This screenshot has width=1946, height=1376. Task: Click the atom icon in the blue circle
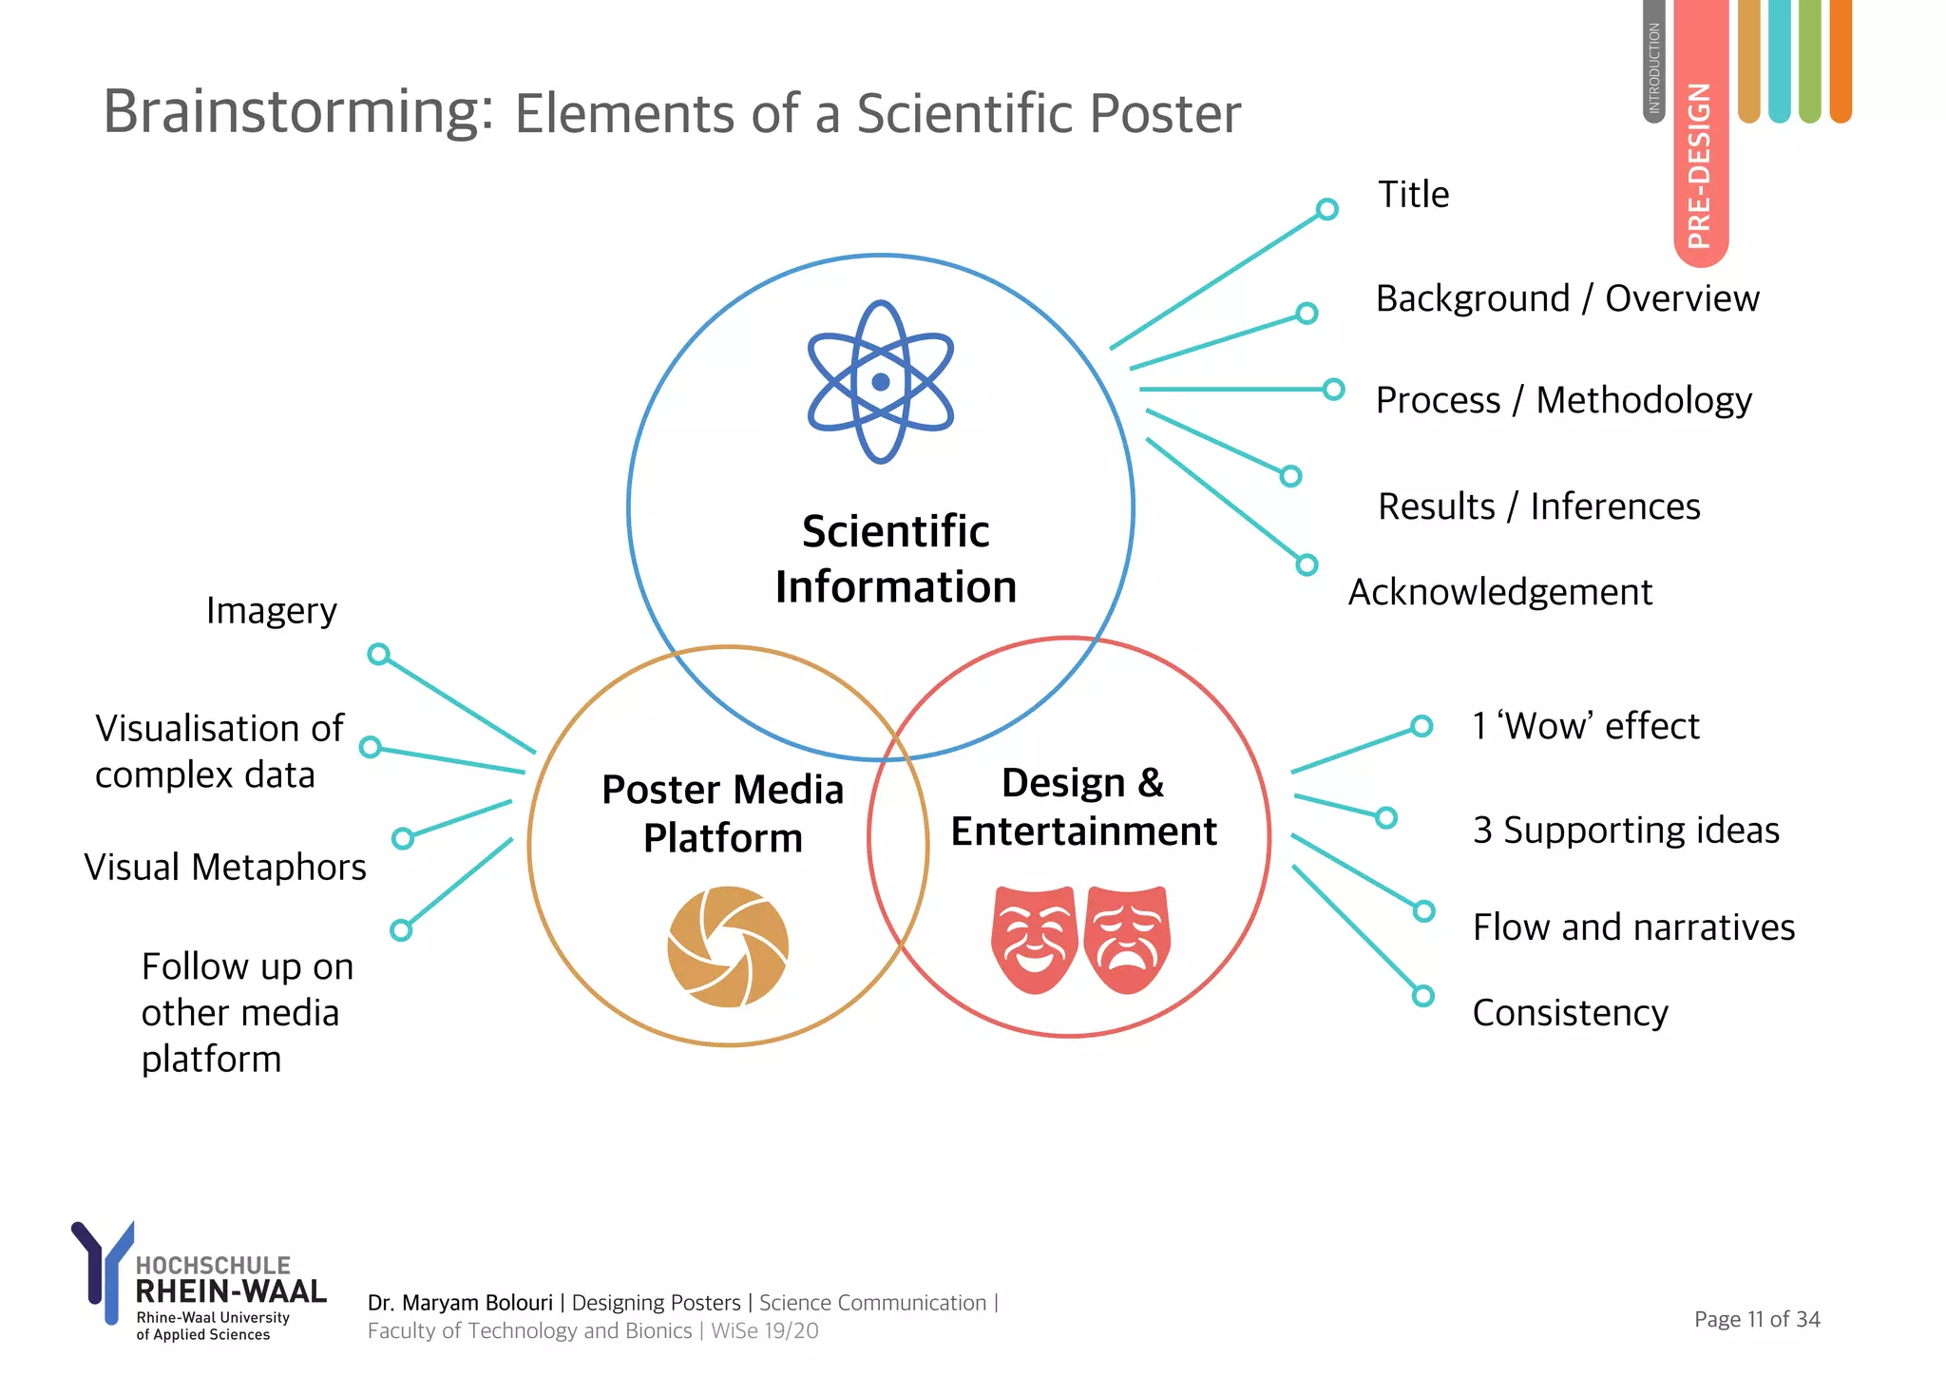pos(880,382)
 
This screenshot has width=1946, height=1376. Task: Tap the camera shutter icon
pos(728,946)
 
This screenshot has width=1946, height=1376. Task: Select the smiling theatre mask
pos(1034,939)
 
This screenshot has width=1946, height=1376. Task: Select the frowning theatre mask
pos(1128,939)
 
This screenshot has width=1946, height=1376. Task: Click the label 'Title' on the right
pos(1413,195)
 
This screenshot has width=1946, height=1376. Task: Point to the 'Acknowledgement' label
pos(1500,592)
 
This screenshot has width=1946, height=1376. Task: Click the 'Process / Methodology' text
pos(1563,400)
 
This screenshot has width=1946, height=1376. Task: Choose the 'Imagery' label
pos(272,610)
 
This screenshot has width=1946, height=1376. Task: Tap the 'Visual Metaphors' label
pos(225,867)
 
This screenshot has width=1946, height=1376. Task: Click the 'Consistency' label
pos(1570,1013)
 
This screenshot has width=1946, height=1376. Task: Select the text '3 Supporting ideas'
pos(1626,831)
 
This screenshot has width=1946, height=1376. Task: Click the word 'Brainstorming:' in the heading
pos(298,112)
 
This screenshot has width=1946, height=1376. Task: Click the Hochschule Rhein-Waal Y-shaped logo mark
pos(103,1269)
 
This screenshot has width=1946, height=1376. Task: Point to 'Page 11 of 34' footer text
pos(1757,1319)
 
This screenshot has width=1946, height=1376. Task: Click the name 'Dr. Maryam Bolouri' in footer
pos(460,1303)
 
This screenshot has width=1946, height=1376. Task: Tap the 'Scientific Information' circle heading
pos(895,559)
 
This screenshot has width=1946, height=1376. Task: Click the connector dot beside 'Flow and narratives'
pos(1423,911)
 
